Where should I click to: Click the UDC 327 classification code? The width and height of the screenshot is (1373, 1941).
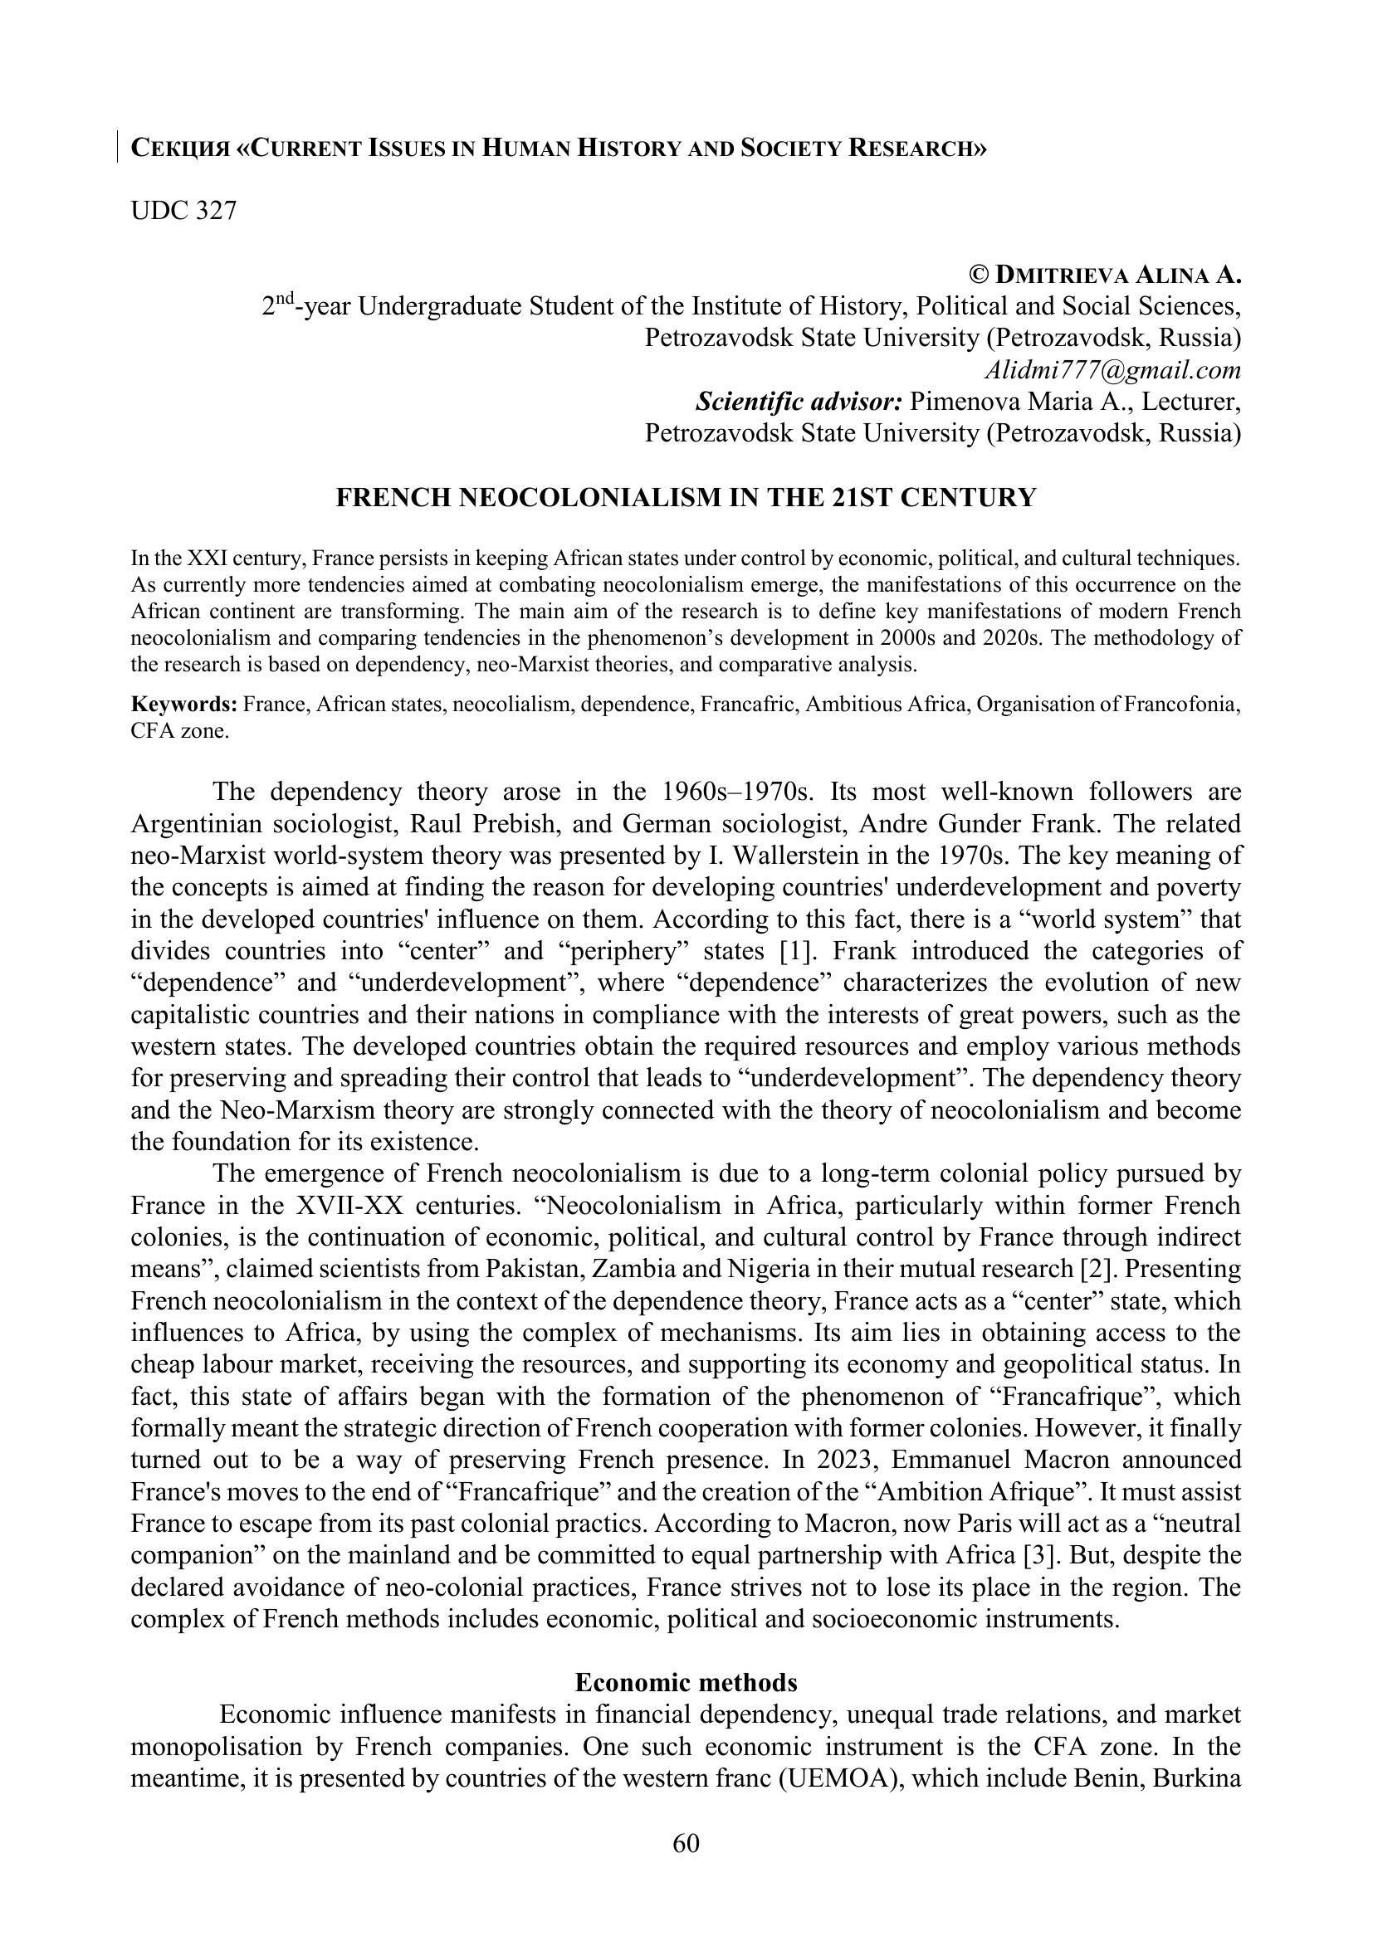pos(183,211)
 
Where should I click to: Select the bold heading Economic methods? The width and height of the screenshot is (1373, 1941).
pos(686,1660)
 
